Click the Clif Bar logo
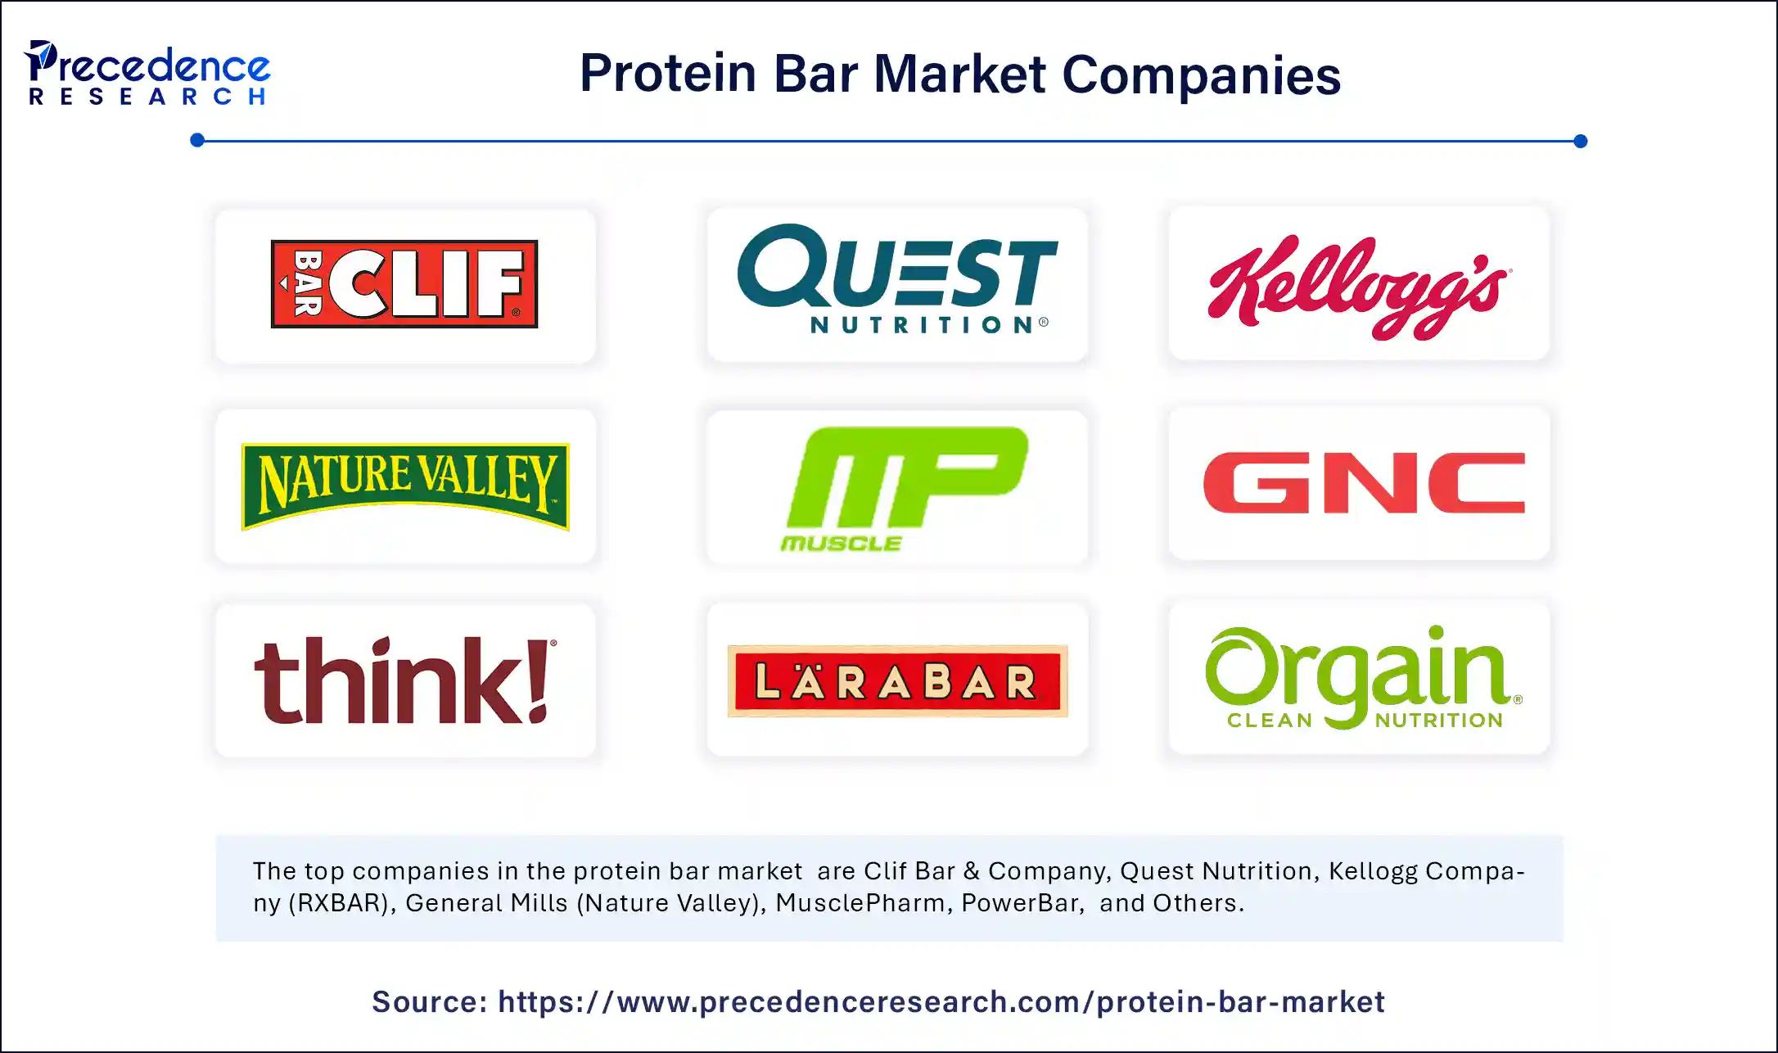point(404,284)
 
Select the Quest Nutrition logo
point(897,278)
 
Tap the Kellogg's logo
point(1359,286)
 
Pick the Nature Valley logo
point(405,486)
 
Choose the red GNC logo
point(1364,483)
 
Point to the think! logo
point(405,681)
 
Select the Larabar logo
point(897,681)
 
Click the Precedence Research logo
point(147,74)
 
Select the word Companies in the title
point(1201,75)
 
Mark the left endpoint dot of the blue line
point(197,141)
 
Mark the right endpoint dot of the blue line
point(1581,142)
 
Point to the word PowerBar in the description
point(1022,903)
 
